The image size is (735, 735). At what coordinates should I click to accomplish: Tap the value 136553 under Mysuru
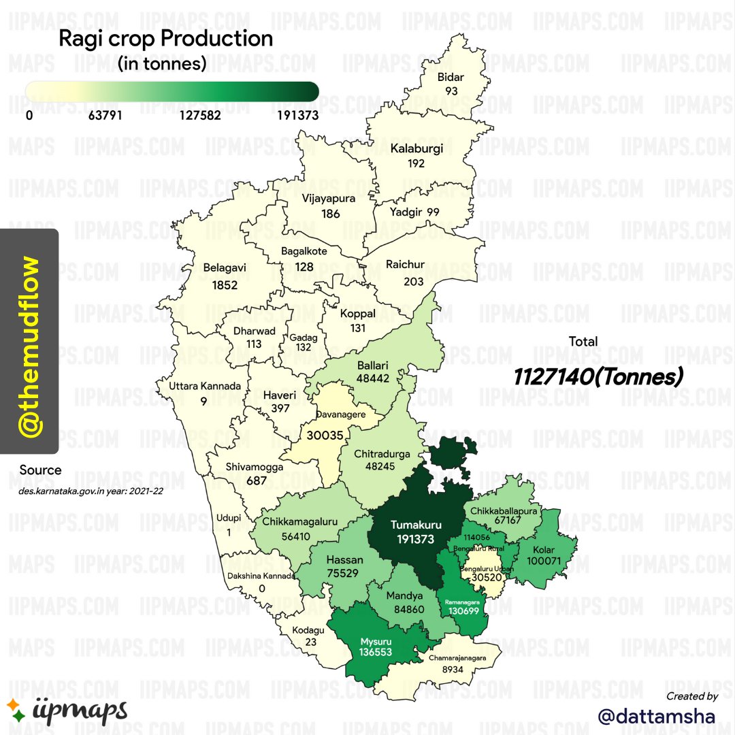pos(377,652)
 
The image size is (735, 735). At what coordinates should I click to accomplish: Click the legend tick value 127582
pos(200,116)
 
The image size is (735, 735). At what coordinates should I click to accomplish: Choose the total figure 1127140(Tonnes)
pos(598,376)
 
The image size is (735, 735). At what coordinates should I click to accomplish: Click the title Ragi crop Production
pos(165,39)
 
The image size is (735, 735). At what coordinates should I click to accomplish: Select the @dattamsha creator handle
pos(656,716)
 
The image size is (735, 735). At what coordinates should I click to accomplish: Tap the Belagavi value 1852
pos(225,284)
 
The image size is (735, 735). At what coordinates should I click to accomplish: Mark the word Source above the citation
pos(40,470)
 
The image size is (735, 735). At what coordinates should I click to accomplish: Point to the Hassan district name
pos(345,560)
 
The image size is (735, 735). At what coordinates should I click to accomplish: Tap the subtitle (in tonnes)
pos(161,65)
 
